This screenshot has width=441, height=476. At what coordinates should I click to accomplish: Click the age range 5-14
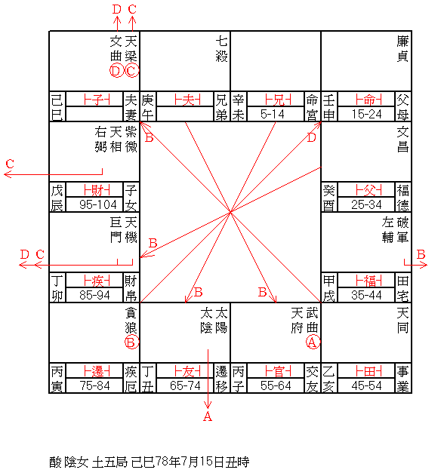pos(273,114)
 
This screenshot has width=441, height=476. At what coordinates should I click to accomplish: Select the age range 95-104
pos(98,204)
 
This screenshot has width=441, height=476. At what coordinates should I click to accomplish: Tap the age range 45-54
pos(366,385)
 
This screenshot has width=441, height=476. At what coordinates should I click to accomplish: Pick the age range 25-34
pos(366,204)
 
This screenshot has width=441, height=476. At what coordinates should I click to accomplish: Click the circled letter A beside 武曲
pos(313,342)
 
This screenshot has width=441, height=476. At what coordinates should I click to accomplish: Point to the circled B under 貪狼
pos(131,342)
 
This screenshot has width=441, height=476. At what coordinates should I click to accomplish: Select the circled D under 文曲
pos(116,70)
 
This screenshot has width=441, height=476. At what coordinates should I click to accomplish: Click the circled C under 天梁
pos(131,70)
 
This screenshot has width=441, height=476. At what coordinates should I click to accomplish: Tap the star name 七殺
pos(221,48)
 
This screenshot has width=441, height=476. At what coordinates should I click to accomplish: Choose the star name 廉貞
pos(402,48)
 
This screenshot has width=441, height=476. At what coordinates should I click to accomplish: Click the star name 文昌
pos(402,140)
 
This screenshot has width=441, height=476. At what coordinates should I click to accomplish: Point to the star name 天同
pos(402,321)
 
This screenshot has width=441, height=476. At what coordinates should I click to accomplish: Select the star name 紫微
pos(131,140)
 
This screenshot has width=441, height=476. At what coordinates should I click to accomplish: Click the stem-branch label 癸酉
pos(328,198)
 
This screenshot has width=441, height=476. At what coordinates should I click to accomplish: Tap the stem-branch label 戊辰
pos(57,198)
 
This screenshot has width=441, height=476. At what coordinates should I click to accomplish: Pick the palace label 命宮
pos(312,107)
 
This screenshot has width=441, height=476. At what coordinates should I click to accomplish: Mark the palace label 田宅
pos(402,288)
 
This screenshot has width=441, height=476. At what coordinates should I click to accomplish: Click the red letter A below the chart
pos(208,416)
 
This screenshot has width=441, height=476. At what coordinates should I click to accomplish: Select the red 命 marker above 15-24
pos(369,100)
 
